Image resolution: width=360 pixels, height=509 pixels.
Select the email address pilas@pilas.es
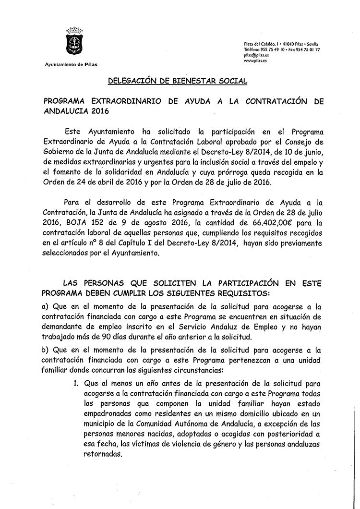point(256,55)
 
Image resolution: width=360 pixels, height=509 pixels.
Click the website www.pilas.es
point(255,61)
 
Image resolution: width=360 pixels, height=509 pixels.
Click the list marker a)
point(48,306)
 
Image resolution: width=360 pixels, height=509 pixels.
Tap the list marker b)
point(48,351)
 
